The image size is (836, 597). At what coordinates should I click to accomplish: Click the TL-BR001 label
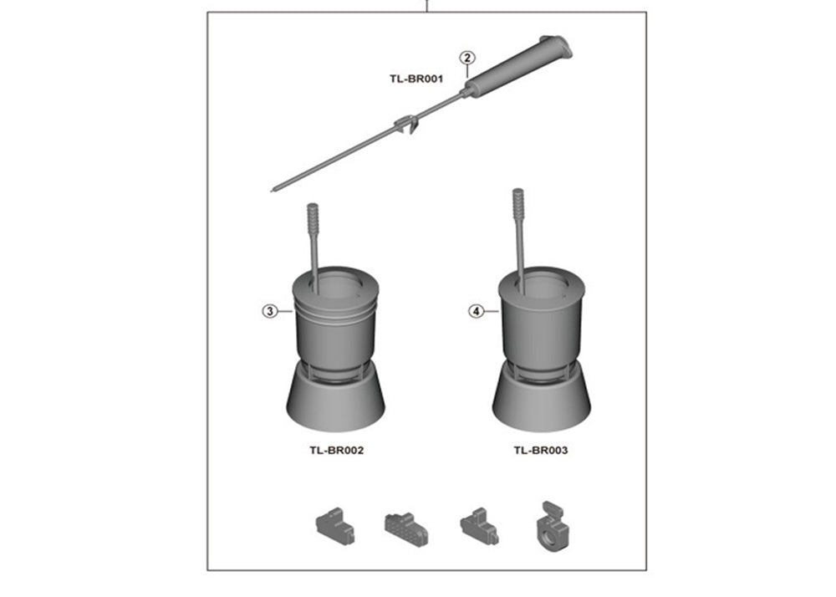pos(415,79)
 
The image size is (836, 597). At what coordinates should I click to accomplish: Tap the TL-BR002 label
pos(336,451)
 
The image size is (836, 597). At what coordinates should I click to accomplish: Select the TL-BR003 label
pos(541,451)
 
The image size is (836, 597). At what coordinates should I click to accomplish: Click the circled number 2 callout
pos(467,58)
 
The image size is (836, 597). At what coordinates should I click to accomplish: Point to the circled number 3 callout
pos(270,311)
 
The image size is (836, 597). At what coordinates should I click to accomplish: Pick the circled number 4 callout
pos(477,311)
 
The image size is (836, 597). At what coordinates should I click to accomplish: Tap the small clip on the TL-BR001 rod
pos(407,125)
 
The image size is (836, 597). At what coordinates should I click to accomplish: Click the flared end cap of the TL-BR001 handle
pos(557,46)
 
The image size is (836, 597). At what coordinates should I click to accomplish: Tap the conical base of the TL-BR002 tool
pos(335,399)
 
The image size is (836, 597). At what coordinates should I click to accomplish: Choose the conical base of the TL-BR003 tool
pos(541,399)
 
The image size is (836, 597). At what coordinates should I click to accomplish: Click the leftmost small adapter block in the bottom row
pos(335,526)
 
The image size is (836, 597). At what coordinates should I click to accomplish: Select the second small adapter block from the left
pos(406,529)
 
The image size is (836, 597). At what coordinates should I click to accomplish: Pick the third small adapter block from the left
pos(479,526)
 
